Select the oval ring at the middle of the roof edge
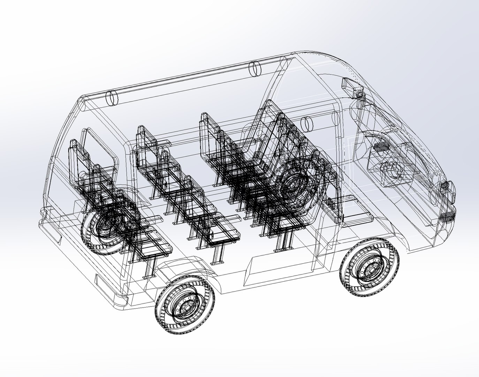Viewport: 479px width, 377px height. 256,68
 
